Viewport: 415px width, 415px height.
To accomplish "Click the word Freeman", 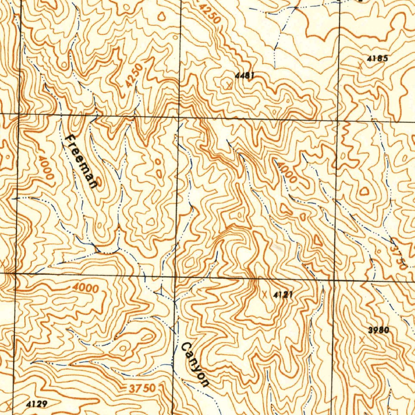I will tap(81, 161).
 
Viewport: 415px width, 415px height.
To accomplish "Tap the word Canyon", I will tap(195, 364).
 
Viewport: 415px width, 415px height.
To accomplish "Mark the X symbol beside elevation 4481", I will tap(229, 85).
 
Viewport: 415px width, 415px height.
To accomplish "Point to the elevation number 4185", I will tap(377, 58).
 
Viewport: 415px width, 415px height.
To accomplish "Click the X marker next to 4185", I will tap(360, 64).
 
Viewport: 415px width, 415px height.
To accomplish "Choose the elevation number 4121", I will tap(283, 295).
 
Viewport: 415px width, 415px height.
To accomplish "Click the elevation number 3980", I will tap(379, 330).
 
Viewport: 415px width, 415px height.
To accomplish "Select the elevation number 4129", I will tap(37, 404).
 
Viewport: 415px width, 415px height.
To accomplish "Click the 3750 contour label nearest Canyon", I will tap(142, 388).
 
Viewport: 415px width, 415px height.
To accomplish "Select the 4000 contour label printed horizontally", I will tap(86, 288).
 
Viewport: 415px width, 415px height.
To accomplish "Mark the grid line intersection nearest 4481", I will tap(180, 117).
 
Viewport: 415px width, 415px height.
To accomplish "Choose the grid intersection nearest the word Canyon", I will tap(175, 277).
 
